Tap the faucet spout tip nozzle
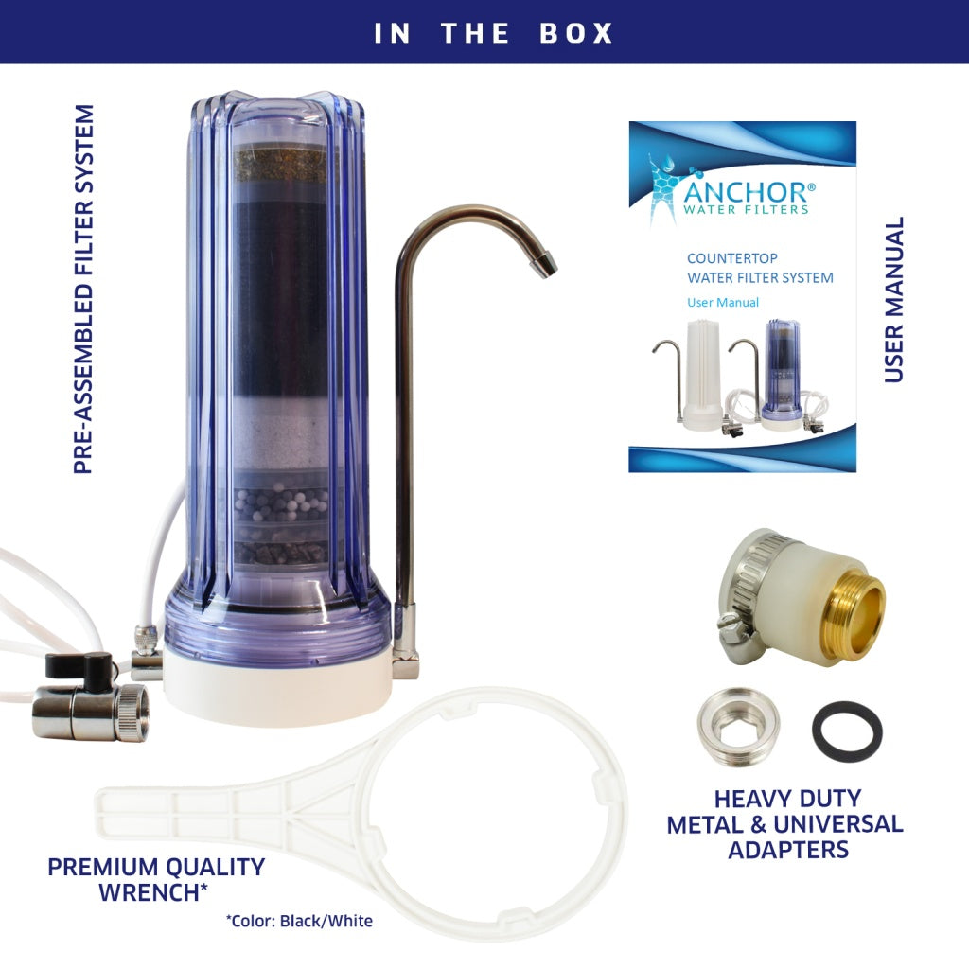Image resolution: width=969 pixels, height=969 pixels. pyautogui.click(x=546, y=266)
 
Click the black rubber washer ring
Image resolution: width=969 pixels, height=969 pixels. pyautogui.click(x=847, y=731)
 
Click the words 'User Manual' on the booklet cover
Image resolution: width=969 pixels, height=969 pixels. pyautogui.click(x=723, y=303)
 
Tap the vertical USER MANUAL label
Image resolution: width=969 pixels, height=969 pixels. pyautogui.click(x=893, y=300)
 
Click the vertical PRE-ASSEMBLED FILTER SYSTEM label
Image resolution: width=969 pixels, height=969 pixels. pyautogui.click(x=85, y=289)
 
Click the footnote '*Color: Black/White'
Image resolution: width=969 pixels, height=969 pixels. pyautogui.click(x=299, y=921)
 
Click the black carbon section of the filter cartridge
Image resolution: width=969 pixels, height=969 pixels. pyautogui.click(x=281, y=293)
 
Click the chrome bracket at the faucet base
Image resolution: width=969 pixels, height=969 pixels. pyautogui.click(x=405, y=662)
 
